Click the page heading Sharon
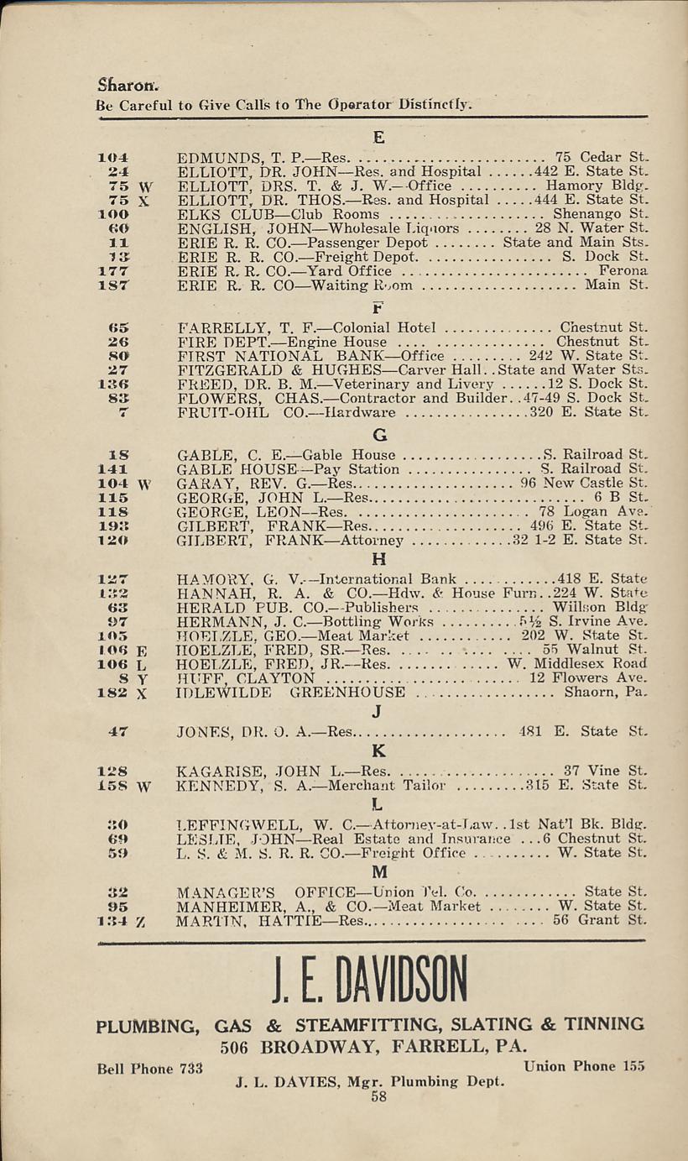click(x=122, y=86)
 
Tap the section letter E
click(x=378, y=138)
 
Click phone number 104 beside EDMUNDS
click(x=112, y=157)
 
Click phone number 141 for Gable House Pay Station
click(x=112, y=469)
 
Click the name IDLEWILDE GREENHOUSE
click(x=291, y=693)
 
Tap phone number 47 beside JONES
click(x=117, y=731)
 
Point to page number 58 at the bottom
click(x=378, y=1096)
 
